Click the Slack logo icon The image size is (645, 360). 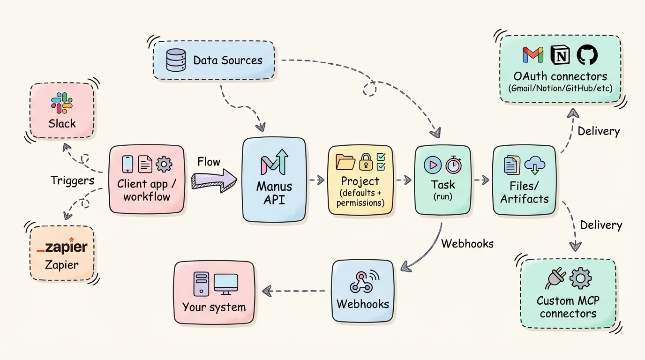coord(62,103)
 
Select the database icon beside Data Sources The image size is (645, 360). coord(176,60)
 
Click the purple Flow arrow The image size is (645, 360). coord(214,180)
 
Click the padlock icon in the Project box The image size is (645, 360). coord(365,162)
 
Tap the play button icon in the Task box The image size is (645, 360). coord(432,165)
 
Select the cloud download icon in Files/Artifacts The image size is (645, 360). coord(535,165)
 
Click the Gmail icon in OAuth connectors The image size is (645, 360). coord(533,55)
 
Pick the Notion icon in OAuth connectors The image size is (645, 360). coord(559,55)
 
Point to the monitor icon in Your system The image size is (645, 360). coord(226,284)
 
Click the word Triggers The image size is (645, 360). coord(72,180)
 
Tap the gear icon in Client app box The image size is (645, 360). coord(164,164)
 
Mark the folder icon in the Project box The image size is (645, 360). coord(345,162)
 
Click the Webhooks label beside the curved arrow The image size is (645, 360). coord(467,243)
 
